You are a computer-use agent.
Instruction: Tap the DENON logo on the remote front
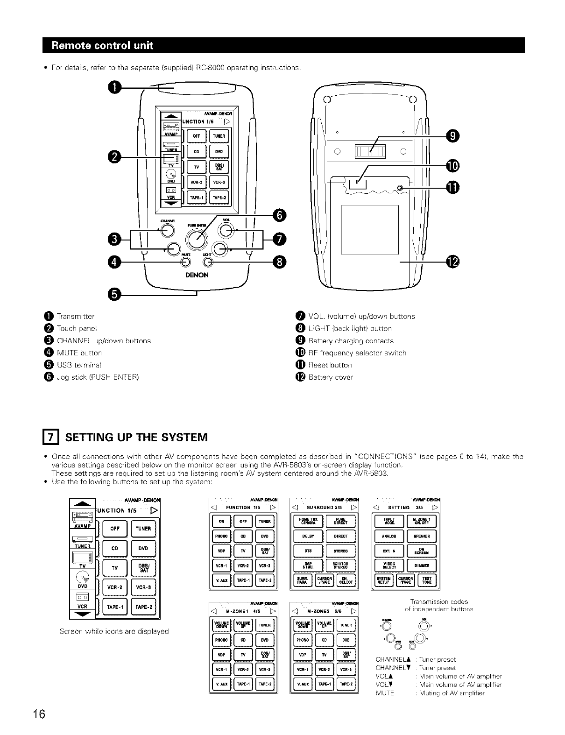(x=197, y=275)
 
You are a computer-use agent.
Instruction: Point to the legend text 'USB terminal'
(x=78, y=365)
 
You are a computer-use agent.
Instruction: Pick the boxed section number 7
(x=49, y=438)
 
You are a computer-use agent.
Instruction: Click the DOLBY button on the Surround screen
(x=308, y=537)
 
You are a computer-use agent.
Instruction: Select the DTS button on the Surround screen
(x=308, y=551)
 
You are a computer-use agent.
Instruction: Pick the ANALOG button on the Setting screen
(x=388, y=537)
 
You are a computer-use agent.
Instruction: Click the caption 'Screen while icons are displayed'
(x=114, y=631)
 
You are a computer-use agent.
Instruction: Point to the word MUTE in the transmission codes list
(x=385, y=693)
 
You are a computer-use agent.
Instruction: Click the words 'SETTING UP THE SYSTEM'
(x=136, y=438)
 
